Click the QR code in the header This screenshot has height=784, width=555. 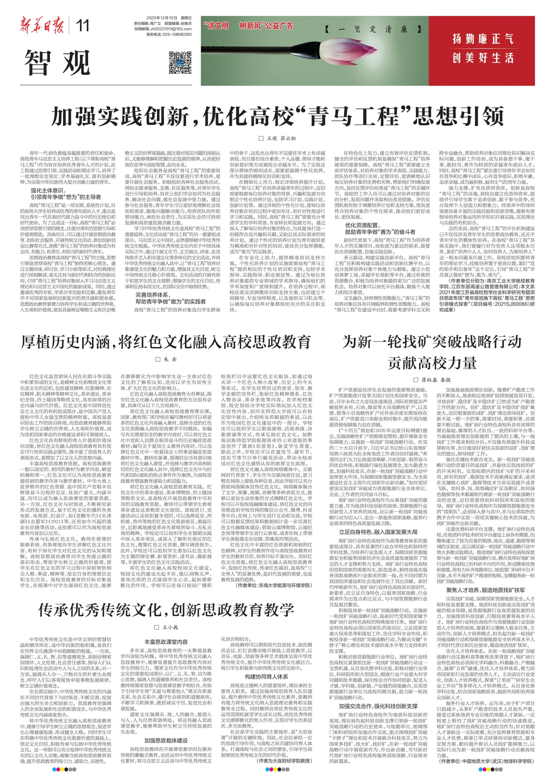tap(180, 63)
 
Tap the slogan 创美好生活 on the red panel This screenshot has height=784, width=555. tap(483, 58)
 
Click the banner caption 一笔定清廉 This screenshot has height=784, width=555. tap(368, 29)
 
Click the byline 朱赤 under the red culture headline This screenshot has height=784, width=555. tap(167, 359)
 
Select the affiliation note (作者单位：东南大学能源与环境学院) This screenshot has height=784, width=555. tap(274, 586)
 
